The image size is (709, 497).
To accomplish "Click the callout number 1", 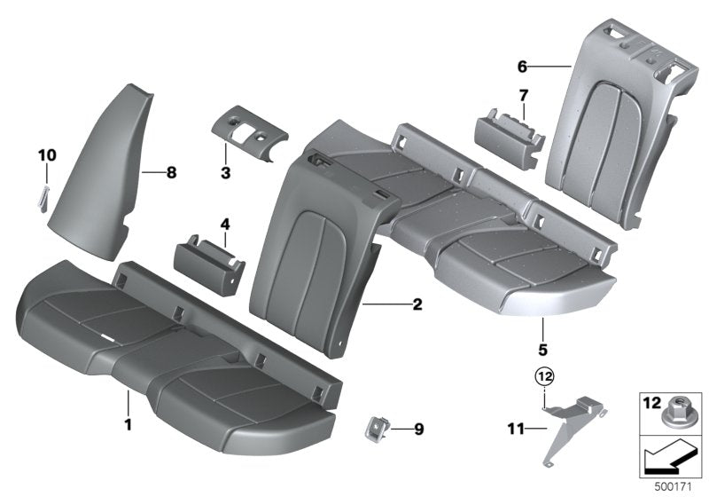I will point(128,424).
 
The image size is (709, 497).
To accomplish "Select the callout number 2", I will point(417,304).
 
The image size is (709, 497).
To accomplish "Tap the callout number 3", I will point(226,172).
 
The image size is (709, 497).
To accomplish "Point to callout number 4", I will point(225,225).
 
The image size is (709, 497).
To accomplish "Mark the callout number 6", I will point(522,66).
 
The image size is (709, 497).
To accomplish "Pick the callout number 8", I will point(172,172).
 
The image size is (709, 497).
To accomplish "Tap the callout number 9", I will point(418,430).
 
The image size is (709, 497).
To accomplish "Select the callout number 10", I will point(46,155).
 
